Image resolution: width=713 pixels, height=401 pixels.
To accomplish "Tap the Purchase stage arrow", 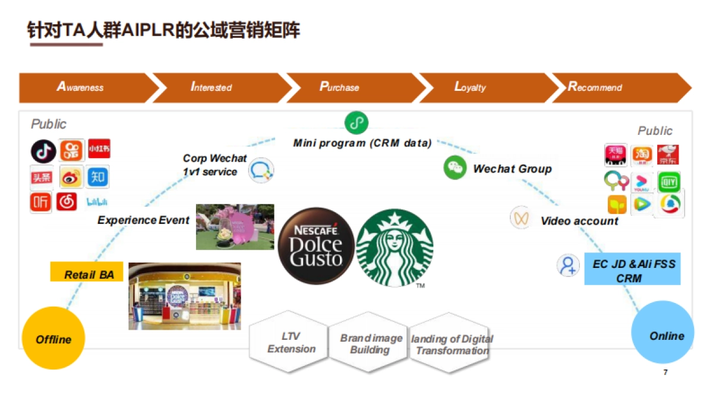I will pos(351,87).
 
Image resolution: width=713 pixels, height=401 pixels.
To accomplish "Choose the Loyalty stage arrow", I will pos(481,87).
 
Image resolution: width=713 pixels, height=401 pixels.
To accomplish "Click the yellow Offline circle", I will pos(53,339).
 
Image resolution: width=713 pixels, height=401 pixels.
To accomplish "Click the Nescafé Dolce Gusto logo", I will pos(316,246).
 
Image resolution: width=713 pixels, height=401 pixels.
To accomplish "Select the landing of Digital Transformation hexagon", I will pos(450,344).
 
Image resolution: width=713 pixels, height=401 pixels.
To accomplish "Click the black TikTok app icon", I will pos(43,151).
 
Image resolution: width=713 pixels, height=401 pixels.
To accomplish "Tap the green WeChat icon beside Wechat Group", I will pos(455,168).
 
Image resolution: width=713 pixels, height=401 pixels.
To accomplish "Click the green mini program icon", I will pos(356,123).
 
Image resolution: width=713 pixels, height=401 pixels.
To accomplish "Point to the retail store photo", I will pos(185,296).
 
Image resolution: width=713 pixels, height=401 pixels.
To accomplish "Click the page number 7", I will pos(665,372).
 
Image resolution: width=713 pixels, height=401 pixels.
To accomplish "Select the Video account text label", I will pos(579,221).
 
